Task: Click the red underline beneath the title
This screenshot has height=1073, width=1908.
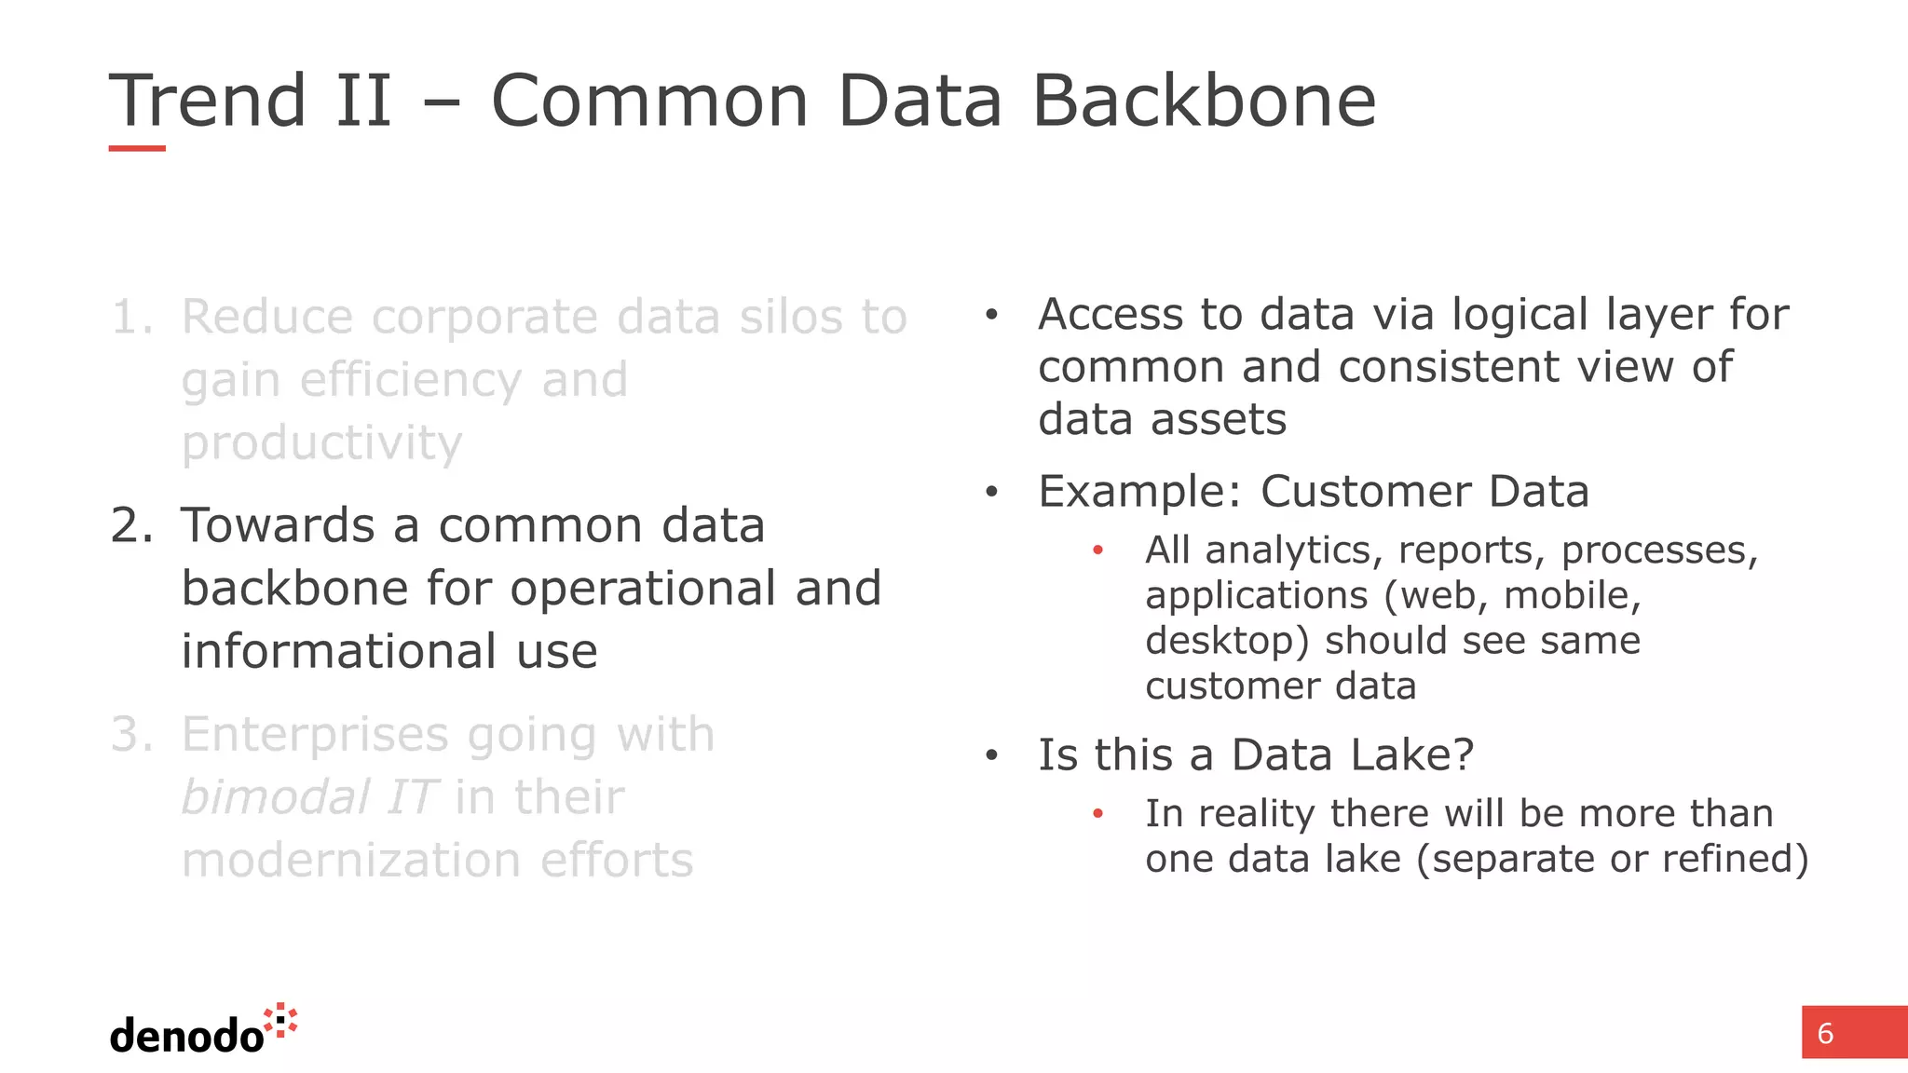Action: click(x=137, y=148)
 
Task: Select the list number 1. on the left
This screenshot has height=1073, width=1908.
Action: click(x=132, y=318)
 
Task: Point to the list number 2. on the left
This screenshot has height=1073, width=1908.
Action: click(x=132, y=526)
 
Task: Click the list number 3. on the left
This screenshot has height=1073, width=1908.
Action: click(x=132, y=735)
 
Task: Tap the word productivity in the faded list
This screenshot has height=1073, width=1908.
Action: click(x=321, y=444)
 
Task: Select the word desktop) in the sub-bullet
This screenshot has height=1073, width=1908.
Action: click(x=1227, y=642)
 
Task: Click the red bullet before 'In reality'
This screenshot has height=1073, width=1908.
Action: click(x=1098, y=814)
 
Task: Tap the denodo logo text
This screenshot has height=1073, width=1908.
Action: click(x=186, y=1036)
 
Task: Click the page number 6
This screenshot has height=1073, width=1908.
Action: click(x=1825, y=1034)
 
